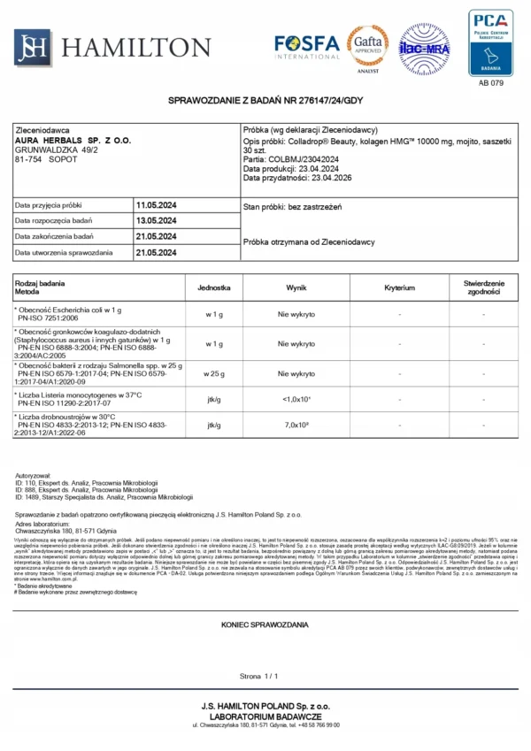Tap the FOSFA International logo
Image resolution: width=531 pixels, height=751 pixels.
point(306,45)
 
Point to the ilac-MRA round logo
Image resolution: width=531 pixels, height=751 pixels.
point(424,49)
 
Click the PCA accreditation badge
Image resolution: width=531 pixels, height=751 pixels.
point(490,40)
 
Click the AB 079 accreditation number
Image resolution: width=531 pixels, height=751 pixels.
point(490,83)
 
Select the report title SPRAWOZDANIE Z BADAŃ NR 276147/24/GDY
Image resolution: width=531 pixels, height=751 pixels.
point(265,102)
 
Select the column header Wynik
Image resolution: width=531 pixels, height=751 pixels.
point(296,288)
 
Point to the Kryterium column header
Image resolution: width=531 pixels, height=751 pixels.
point(400,288)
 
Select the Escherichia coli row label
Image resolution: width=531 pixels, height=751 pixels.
point(68,310)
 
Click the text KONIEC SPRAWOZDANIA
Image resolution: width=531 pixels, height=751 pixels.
point(265,625)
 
